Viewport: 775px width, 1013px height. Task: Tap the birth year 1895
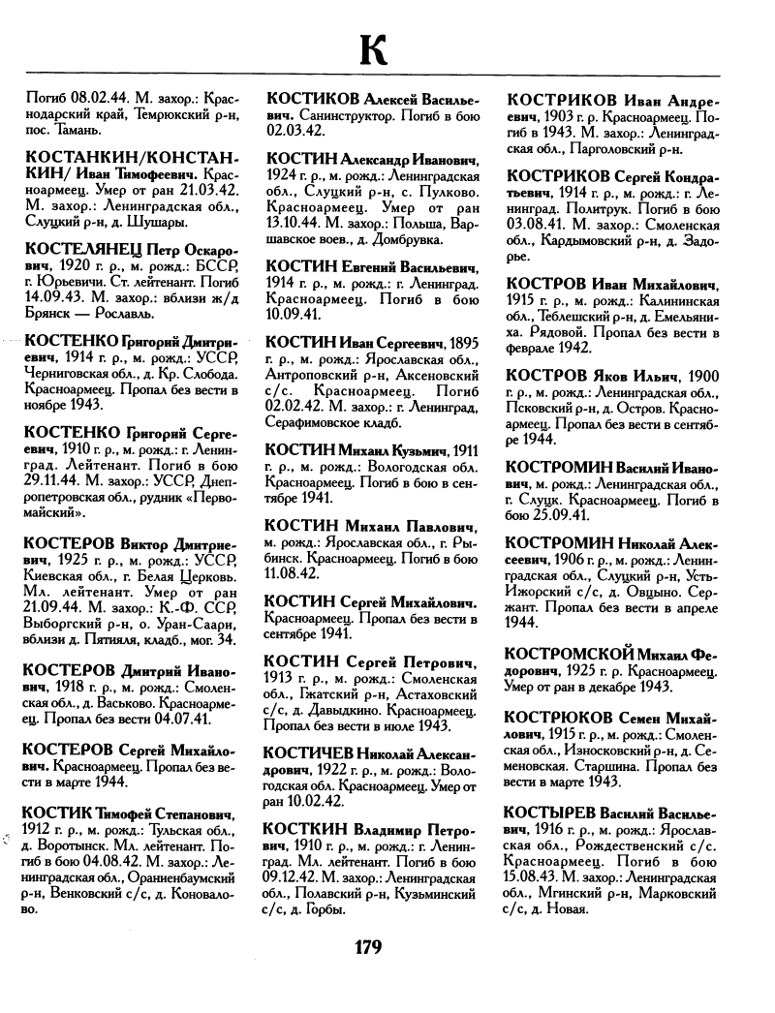(458, 345)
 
